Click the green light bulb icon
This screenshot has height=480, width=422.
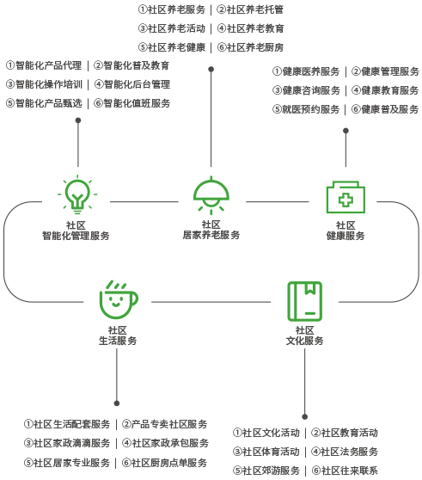(77, 194)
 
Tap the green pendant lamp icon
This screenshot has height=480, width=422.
(211, 195)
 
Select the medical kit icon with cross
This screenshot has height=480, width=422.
(346, 197)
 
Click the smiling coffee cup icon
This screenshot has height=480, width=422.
(119, 299)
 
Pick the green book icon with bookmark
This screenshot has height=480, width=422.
(305, 301)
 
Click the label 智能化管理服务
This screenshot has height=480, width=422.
(76, 236)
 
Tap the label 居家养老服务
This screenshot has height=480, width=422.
(211, 235)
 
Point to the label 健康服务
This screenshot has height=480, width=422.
(346, 236)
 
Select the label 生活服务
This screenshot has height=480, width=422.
(118, 341)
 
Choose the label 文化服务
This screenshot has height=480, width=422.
(304, 341)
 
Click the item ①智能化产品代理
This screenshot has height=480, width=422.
(44, 65)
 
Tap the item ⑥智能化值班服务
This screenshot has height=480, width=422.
(131, 103)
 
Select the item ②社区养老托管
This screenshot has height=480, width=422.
(250, 9)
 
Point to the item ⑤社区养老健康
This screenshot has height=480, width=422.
(172, 47)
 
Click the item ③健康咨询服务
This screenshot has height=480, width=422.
(306, 90)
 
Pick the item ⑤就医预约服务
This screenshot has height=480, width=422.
(306, 109)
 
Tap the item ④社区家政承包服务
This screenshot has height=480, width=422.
(165, 443)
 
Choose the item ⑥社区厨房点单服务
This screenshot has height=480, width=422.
(164, 463)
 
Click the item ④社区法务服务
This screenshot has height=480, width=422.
(345, 452)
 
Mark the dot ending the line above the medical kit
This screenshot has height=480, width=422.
(346, 131)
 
